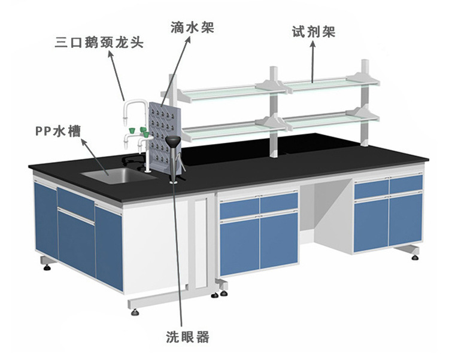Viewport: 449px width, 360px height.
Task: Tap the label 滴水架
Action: pyautogui.click(x=192, y=27)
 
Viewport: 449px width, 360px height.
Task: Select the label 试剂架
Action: pyautogui.click(x=313, y=32)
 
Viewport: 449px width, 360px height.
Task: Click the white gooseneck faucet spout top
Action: pyautogui.click(x=134, y=103)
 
